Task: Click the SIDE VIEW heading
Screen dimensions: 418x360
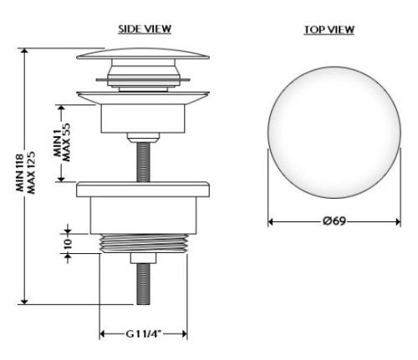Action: pyautogui.click(x=145, y=29)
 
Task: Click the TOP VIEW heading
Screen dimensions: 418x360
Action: pyautogui.click(x=329, y=30)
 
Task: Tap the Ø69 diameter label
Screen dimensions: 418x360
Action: pyautogui.click(x=334, y=221)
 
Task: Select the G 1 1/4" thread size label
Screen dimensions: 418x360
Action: pyautogui.click(x=143, y=333)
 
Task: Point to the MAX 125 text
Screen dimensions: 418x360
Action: pyautogui.click(x=31, y=173)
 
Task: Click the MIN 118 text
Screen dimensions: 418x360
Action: pyautogui.click(x=20, y=173)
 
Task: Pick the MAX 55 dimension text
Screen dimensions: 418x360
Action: pyautogui.click(x=67, y=142)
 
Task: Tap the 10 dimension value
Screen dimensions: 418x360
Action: pyautogui.click(x=68, y=243)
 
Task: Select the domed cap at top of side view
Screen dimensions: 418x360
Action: pyautogui.click(x=143, y=54)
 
